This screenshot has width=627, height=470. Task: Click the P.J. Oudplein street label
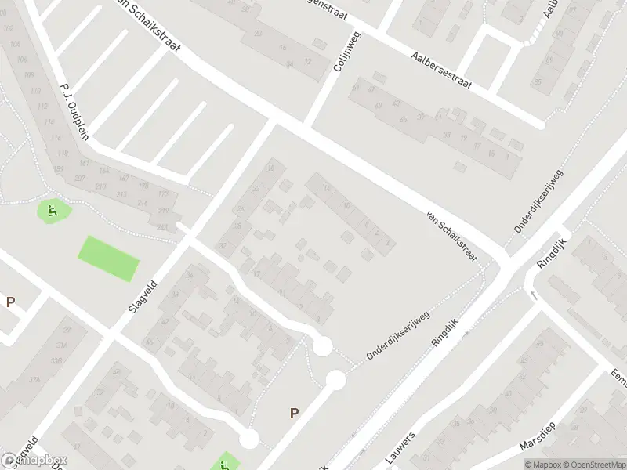74,110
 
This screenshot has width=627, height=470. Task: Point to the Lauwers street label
399,445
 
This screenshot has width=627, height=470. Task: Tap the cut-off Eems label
618,381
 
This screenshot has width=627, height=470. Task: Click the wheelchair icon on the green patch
53,210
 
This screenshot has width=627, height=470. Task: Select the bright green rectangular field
108,258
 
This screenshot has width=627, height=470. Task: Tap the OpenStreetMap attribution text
593,465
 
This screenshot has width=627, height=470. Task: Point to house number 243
162,228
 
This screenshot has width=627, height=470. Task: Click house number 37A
34,380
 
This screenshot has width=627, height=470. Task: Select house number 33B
56,360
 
